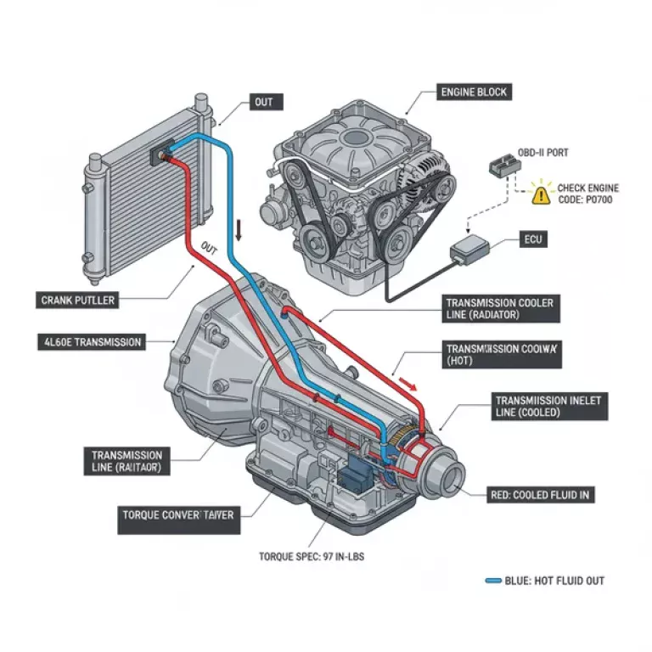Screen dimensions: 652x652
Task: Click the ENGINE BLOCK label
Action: tap(473, 91)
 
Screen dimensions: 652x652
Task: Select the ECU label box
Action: tap(531, 240)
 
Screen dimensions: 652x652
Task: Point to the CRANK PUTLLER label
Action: tap(77, 300)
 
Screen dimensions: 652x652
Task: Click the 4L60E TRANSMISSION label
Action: tap(92, 342)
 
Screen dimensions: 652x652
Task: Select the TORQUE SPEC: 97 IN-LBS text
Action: tap(307, 558)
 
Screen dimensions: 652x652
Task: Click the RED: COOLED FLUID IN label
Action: tap(542, 495)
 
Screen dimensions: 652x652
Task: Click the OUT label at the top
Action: tap(264, 102)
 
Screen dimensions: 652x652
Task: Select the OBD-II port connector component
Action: tap(502, 168)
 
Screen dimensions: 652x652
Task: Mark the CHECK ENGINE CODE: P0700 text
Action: tap(587, 194)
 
